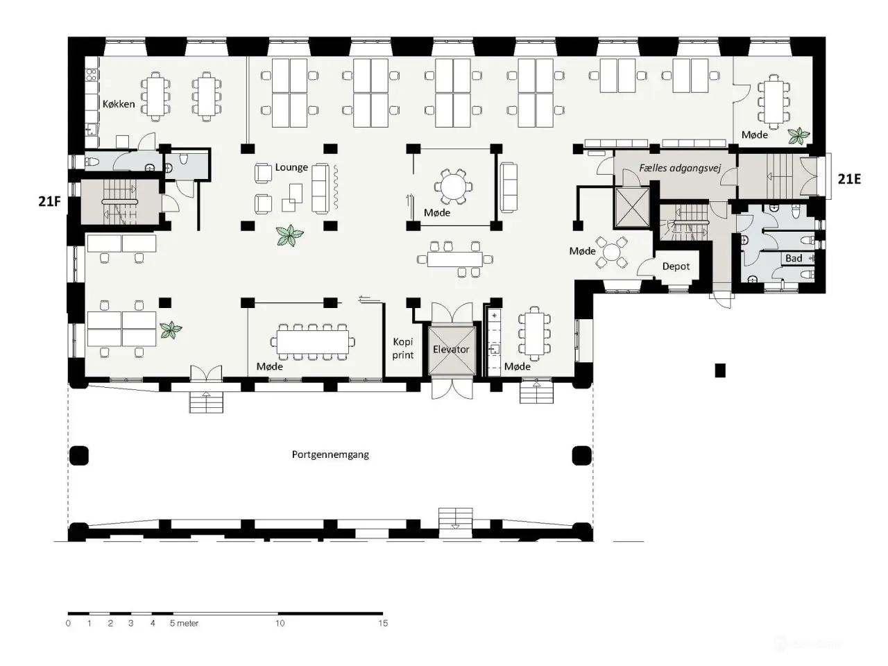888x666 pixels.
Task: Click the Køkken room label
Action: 119,104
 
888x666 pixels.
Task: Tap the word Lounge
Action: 291,167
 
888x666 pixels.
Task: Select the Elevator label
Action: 451,349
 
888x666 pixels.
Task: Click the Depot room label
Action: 676,266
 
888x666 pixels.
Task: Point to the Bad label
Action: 794,258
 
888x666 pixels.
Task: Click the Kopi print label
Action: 403,348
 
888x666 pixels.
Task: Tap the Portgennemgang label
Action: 330,454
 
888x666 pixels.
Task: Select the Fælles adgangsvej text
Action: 680,168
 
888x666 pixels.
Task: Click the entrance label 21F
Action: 49,201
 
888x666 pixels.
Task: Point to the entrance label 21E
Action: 848,179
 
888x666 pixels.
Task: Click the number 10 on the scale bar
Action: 280,623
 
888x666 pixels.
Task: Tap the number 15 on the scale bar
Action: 383,623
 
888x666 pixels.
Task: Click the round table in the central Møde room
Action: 453,187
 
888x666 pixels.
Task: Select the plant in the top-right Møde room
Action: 799,136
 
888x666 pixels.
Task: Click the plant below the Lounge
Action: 289,235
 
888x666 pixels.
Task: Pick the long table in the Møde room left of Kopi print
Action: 313,342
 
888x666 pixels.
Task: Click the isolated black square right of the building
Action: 719,370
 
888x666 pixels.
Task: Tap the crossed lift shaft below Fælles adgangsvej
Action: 632,207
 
